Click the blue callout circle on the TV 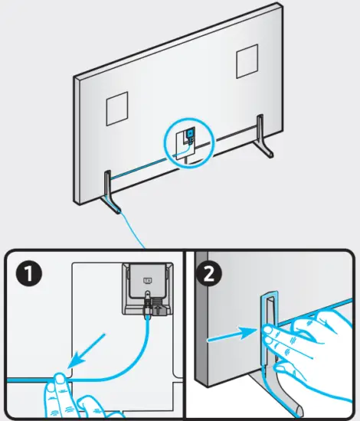pos(185,139)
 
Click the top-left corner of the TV pos(77,78)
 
